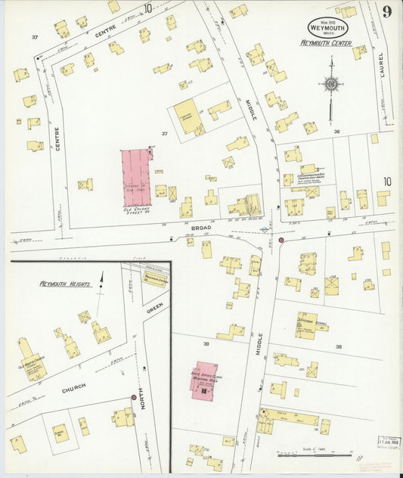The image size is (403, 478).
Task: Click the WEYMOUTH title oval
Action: pyautogui.click(x=327, y=26)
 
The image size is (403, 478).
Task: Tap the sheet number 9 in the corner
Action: pyautogui.click(x=386, y=11)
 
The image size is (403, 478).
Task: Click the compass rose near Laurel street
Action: pyautogui.click(x=330, y=85)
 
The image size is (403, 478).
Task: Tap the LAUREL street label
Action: pyautogui.click(x=382, y=69)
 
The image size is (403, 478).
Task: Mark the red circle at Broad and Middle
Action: pyautogui.click(x=281, y=240)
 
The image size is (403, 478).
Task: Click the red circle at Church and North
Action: pyautogui.click(x=133, y=397)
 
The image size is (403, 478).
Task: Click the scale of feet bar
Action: pyautogui.click(x=303, y=455)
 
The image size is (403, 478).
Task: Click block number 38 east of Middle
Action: pyautogui.click(x=339, y=346)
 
